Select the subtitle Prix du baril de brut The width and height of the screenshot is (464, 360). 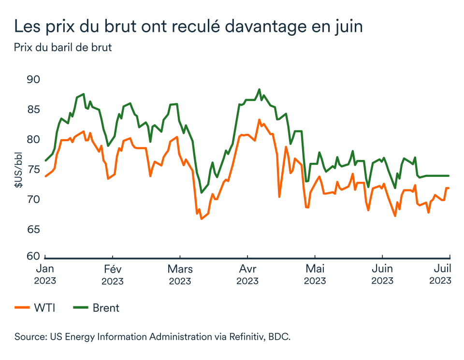(63, 48)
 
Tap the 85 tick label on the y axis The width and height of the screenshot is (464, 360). (33, 110)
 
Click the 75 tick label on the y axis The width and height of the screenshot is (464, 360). (33, 170)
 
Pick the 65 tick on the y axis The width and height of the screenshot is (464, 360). (33, 229)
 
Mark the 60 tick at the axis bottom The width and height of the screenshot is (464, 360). (33, 256)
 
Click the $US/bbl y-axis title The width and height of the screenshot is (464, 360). (18, 169)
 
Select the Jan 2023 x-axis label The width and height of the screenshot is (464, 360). (45, 274)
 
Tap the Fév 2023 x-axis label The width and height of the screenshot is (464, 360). (112, 274)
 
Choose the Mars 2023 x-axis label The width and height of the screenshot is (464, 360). (180, 274)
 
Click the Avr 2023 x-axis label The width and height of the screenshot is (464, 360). (247, 274)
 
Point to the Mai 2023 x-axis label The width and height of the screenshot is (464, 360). (315, 274)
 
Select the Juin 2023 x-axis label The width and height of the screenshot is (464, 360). (382, 274)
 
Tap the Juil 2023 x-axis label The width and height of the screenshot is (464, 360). (441, 274)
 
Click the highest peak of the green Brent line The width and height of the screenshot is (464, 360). (259, 89)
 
